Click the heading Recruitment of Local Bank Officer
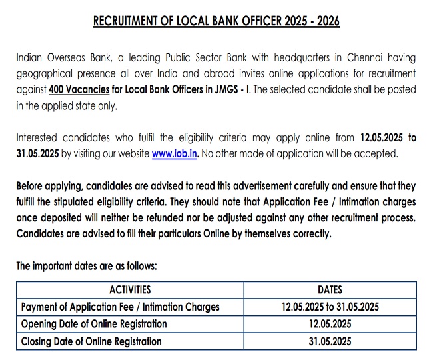216,21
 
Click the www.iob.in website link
175,153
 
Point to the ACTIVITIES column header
129,290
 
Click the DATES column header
330,290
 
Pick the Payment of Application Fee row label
121,307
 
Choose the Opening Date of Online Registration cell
94,324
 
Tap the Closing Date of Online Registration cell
91,341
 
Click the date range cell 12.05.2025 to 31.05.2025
330,307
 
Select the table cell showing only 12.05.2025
330,324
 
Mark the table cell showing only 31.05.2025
330,341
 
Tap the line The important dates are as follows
86,266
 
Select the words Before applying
47,186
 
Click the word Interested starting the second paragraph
39,138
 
